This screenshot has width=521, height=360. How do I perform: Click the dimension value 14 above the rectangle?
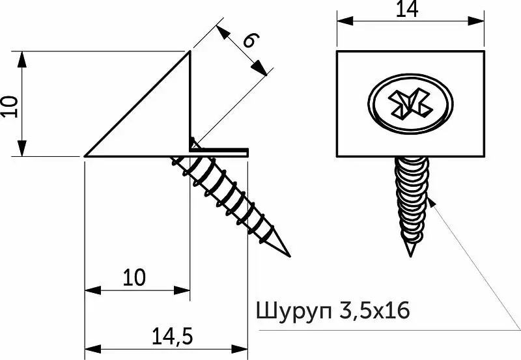pos(407,8)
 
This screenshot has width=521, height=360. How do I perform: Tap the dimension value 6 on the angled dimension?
pos(251,40)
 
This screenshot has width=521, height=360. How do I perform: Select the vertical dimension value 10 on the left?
pos(9,106)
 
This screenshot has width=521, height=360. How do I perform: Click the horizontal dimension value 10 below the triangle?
pos(134,277)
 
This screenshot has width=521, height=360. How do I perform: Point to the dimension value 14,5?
pos(173,336)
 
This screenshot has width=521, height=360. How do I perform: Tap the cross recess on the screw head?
pos(410,104)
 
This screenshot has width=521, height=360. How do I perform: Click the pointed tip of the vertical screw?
pos(411,256)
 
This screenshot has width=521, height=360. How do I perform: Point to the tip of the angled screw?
pos(290,256)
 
